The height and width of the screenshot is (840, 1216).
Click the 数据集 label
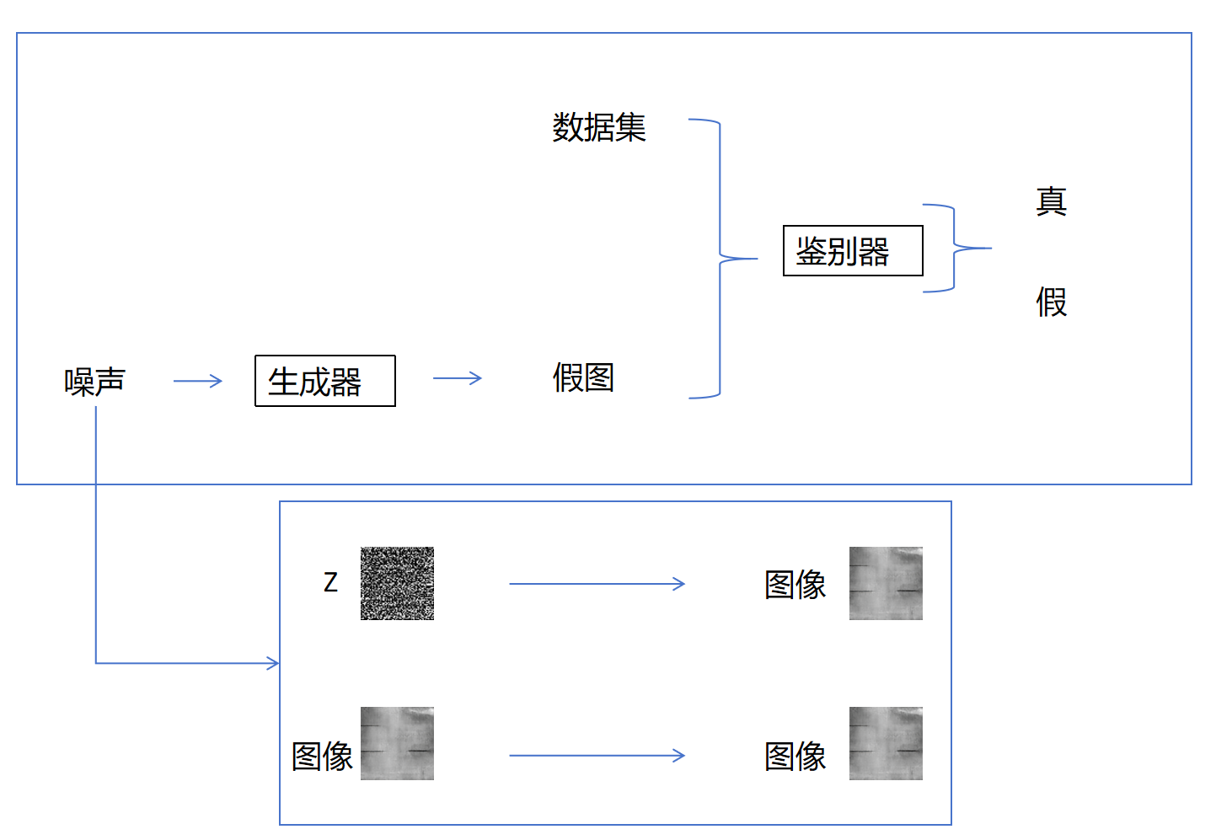point(599,127)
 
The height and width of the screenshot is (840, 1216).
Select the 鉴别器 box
point(853,250)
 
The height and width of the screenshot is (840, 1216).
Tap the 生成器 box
point(324,381)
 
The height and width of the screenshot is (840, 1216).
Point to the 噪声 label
point(94,382)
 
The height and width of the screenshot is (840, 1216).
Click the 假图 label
point(583,377)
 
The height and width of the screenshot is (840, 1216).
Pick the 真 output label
point(1052,201)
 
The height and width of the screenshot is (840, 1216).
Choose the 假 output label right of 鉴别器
point(1052,302)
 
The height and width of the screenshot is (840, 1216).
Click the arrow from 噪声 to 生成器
point(198,381)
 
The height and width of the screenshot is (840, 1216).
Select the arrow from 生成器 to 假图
point(458,378)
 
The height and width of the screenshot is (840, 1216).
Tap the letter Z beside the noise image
point(330,582)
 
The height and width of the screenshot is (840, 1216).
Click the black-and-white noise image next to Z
point(397,583)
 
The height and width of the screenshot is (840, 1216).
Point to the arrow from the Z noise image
point(597,583)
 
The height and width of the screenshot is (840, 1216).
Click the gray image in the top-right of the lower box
point(886,583)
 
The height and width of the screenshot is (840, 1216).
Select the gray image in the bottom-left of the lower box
point(397,743)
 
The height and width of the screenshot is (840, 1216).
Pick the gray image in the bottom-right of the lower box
point(886,743)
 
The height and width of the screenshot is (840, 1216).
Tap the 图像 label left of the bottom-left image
point(322,756)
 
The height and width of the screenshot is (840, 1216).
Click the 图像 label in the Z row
point(795,584)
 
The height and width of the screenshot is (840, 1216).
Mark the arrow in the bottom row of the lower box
point(597,756)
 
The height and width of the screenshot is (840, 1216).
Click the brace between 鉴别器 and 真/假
point(956,248)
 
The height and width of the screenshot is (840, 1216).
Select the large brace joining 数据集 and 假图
point(720,258)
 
